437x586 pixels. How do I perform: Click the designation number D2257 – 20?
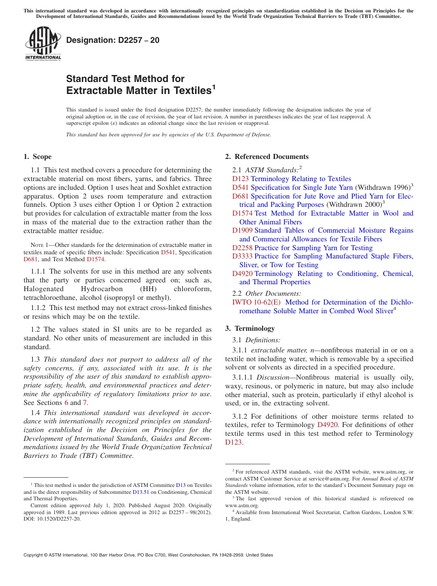(113, 40)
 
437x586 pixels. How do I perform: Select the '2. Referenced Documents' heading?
(267, 157)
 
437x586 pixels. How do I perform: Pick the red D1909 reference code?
(242, 230)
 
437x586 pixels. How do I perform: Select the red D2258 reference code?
(242, 248)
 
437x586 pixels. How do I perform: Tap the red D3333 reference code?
(242, 256)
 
